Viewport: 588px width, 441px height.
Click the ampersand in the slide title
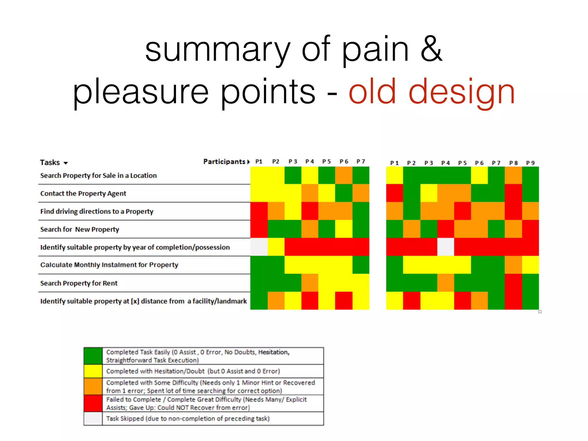(x=431, y=49)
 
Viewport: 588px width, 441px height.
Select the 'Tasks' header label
(x=50, y=163)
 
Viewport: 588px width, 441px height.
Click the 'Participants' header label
(x=224, y=162)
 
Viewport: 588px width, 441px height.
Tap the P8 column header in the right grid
(x=513, y=163)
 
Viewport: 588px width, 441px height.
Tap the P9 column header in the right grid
(x=530, y=163)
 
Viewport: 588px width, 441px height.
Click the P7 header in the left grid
(x=361, y=161)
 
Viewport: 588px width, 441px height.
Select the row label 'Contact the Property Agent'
(x=83, y=194)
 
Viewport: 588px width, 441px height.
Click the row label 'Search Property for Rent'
(x=79, y=283)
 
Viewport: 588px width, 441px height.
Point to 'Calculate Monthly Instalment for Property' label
(x=109, y=265)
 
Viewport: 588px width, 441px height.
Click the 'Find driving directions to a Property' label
(x=97, y=212)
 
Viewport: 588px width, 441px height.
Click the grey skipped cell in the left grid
(x=259, y=247)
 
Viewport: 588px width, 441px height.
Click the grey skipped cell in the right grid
(x=446, y=247)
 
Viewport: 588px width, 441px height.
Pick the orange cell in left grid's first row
(x=344, y=175)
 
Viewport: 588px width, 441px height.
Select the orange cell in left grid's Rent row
(x=310, y=283)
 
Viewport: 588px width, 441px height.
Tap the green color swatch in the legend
(x=93, y=356)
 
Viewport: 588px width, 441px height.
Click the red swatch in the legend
(x=93, y=403)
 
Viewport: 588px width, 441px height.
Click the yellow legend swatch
(x=93, y=371)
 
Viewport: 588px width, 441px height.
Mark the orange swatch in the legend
(x=93, y=386)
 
